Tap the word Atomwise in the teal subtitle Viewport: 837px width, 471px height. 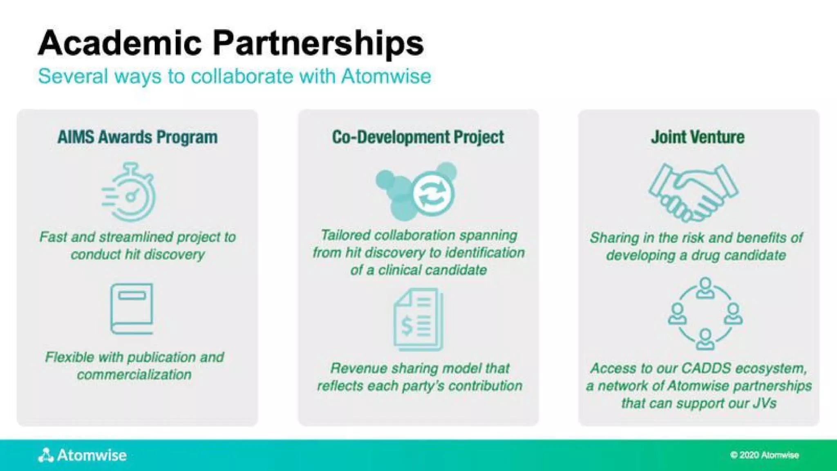386,76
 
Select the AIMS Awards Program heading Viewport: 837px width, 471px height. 137,137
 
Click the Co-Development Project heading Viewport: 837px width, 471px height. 418,137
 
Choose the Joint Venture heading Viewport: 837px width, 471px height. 698,137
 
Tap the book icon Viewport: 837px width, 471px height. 132,309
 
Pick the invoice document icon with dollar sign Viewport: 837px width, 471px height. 418,319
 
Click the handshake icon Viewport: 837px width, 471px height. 694,192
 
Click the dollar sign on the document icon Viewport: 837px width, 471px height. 407,326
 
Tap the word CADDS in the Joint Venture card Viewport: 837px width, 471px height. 706,368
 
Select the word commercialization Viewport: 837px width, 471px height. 134,375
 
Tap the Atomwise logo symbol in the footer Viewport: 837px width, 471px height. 46,455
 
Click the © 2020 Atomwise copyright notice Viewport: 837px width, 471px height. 764,455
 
